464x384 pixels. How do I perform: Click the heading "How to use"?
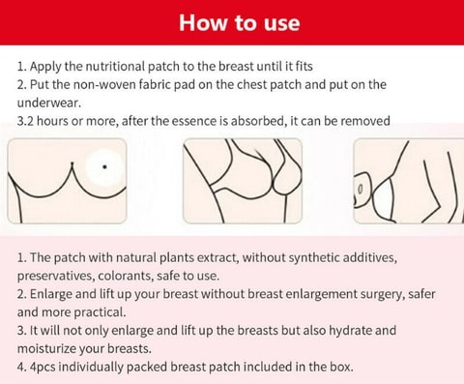pos(240,23)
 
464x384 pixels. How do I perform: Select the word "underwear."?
pos(49,103)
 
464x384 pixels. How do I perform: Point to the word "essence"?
pos(193,121)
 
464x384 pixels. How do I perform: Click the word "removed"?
pos(365,121)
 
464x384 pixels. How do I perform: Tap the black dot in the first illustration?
pos(104,166)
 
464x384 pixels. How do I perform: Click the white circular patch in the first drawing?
pos(104,168)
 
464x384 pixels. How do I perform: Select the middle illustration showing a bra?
pos(243,181)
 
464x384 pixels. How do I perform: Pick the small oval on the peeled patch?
pos(361,189)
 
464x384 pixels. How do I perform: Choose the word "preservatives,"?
pos(55,276)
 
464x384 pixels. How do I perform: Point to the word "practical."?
pos(100,312)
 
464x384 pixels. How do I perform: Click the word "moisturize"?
pos(46,349)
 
